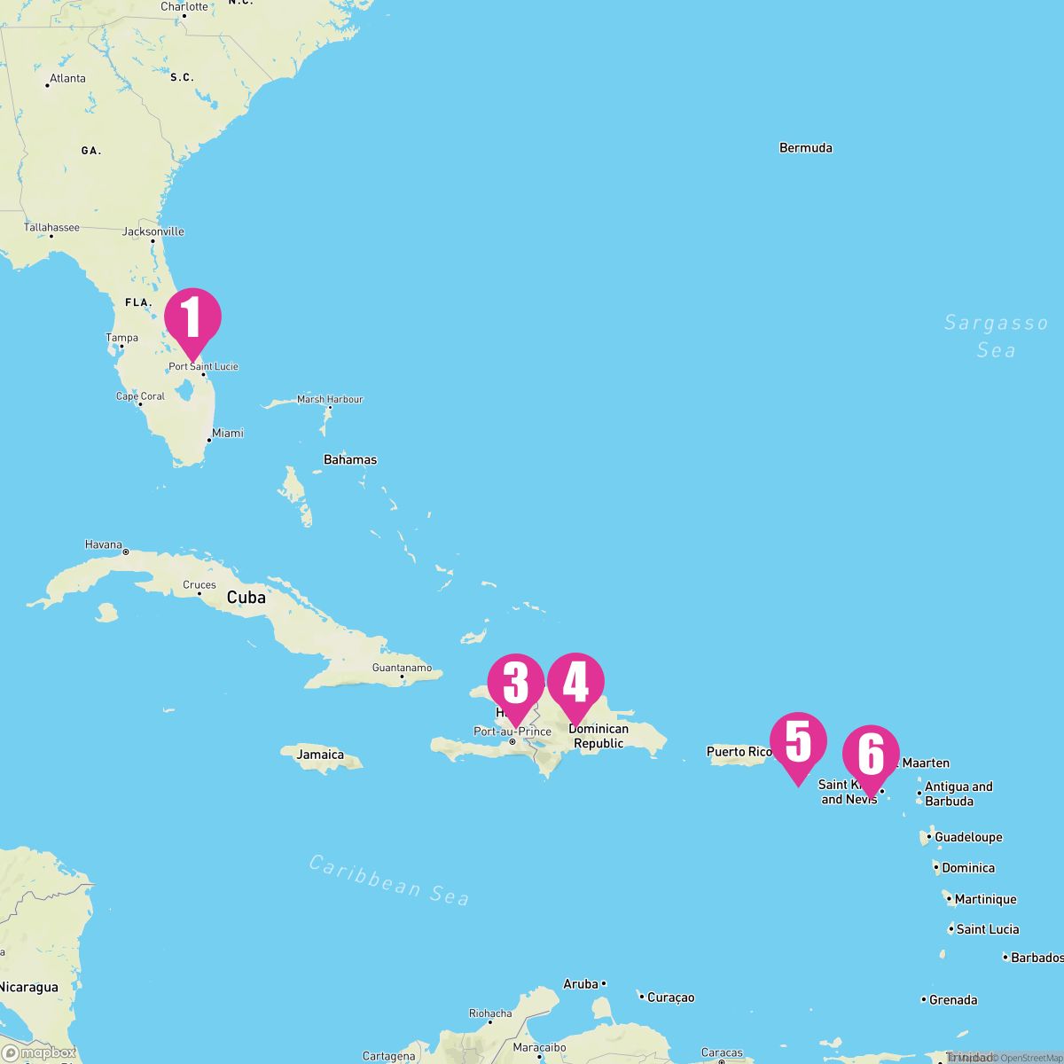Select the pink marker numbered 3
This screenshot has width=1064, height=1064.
[515, 683]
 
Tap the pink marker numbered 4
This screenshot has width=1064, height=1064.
[575, 683]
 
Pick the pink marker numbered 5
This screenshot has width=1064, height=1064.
[798, 742]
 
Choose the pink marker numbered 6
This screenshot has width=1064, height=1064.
[871, 755]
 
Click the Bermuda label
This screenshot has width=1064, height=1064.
[805, 148]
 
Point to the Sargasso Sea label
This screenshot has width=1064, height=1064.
[996, 336]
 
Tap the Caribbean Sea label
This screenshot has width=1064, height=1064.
[388, 879]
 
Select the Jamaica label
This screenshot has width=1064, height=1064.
[320, 755]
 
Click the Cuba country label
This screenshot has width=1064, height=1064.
[246, 598]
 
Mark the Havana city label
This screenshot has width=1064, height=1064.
[104, 544]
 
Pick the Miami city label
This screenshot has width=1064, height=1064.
[227, 434]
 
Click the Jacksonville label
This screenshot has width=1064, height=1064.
[153, 231]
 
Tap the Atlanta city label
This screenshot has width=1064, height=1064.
[67, 78]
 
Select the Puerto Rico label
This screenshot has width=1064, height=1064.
[739, 752]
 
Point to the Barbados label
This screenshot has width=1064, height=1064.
[1037, 958]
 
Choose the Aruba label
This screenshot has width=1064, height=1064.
[581, 984]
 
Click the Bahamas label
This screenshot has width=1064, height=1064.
[350, 459]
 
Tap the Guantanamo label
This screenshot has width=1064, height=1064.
[402, 668]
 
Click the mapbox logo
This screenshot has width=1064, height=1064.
[39, 1052]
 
